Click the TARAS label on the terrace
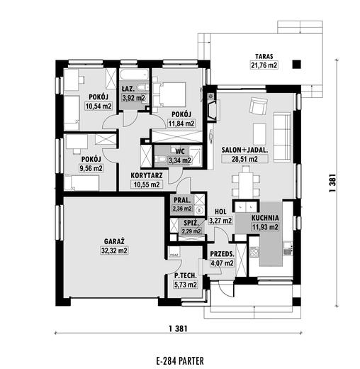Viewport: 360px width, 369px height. pyautogui.click(x=264, y=56)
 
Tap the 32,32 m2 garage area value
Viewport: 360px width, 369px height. pyautogui.click(x=114, y=250)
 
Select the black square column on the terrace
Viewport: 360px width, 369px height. pyautogui.click(x=296, y=64)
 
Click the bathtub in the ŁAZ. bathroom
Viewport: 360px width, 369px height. pyautogui.click(x=134, y=75)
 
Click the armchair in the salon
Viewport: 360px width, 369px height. pyautogui.click(x=259, y=105)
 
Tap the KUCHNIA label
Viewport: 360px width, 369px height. pyautogui.click(x=265, y=218)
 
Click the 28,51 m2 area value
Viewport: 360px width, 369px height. pyautogui.click(x=244, y=159)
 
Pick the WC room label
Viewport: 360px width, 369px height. pyautogui.click(x=180, y=151)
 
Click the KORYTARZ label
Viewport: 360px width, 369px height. pyautogui.click(x=147, y=175)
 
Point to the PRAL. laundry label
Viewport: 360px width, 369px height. pyautogui.click(x=182, y=200)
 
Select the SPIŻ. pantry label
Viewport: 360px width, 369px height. pyautogui.click(x=191, y=223)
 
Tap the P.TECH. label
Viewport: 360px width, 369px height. pyautogui.click(x=186, y=275)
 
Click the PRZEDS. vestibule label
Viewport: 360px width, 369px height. pyautogui.click(x=222, y=254)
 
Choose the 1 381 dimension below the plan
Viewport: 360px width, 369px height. pyautogui.click(x=178, y=329)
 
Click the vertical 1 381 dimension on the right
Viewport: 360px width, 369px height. pyautogui.click(x=332, y=183)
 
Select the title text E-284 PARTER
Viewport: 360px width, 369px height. pyautogui.click(x=180, y=361)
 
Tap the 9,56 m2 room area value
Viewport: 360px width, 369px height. pyautogui.click(x=91, y=168)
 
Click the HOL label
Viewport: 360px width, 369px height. pyautogui.click(x=220, y=211)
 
